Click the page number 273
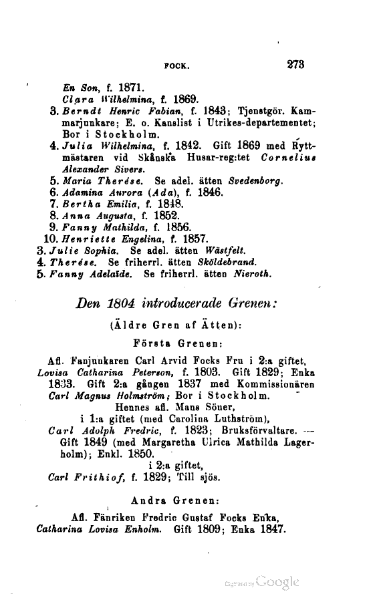295,65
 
